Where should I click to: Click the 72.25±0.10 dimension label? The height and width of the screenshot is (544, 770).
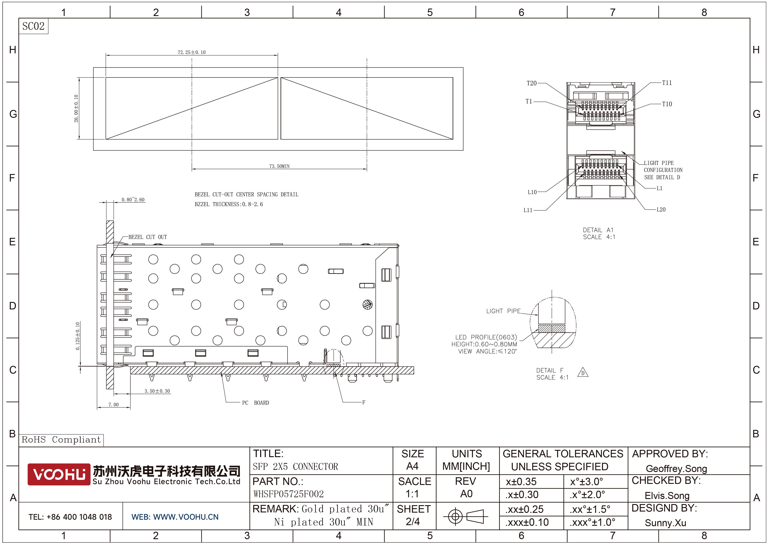point(191,52)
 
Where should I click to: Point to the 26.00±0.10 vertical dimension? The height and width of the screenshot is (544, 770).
point(76,108)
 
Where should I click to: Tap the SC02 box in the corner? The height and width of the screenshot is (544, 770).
point(33,26)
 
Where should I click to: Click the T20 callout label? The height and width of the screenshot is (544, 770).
point(532,83)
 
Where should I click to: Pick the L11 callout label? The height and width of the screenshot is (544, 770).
point(528,210)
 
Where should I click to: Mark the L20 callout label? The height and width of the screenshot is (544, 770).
point(661,210)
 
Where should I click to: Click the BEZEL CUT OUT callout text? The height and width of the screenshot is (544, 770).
point(148,237)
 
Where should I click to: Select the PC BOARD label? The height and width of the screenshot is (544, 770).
point(255,402)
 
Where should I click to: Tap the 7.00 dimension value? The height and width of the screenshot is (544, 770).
point(113,405)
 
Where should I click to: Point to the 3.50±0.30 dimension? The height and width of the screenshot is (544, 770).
point(157,391)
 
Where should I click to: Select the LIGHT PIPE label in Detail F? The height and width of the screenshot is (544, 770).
point(503,311)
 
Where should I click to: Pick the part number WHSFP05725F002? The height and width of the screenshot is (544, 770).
point(288,494)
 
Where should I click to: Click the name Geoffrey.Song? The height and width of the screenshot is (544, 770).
point(676,469)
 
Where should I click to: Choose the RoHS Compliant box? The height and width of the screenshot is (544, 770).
point(61,440)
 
